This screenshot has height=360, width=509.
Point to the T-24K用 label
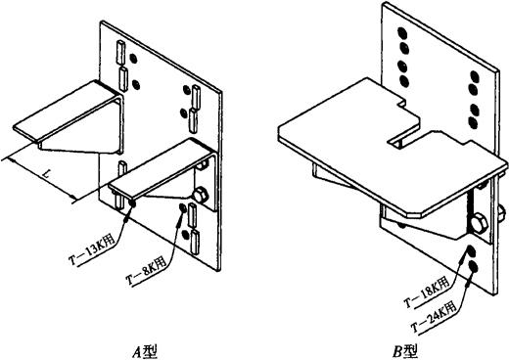click(434, 316)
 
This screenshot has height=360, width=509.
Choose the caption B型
click(405, 352)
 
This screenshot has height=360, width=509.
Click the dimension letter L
click(48, 175)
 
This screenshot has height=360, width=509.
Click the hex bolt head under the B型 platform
click(479, 223)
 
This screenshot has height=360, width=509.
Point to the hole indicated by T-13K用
click(133, 203)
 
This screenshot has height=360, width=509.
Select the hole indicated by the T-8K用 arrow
click(183, 208)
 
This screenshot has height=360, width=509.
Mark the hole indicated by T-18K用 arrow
click(471, 251)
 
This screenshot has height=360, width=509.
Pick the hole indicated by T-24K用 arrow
click(473, 267)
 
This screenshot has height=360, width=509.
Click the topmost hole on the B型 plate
click(402, 33)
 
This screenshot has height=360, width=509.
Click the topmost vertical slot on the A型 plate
click(120, 52)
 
